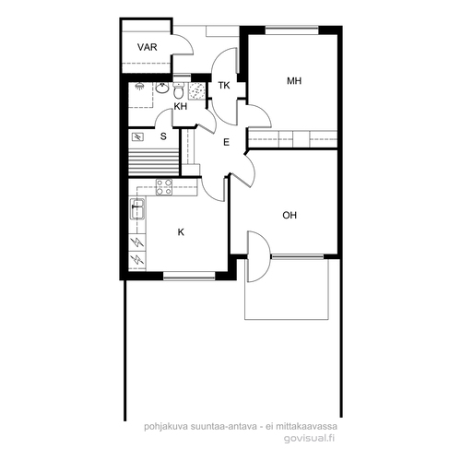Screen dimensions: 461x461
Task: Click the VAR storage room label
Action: click(148, 47)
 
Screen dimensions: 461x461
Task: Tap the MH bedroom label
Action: click(294, 81)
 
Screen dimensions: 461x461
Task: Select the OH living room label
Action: click(290, 215)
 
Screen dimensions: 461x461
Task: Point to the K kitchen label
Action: click(181, 232)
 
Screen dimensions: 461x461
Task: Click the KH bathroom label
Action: click(181, 106)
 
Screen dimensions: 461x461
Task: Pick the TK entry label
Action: click(224, 86)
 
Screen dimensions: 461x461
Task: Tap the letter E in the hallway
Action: click(226, 142)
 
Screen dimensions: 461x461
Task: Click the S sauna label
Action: click(163, 136)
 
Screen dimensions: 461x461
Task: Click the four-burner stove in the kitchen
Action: click(164, 187)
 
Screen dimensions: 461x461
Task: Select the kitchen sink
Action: click(137, 209)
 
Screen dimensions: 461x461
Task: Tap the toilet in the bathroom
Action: click(178, 89)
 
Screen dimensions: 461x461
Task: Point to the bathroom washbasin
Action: click(162, 89)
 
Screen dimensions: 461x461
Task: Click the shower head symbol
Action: click(139, 87)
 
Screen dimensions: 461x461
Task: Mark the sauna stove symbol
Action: click(137, 136)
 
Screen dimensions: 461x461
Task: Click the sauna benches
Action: click(153, 162)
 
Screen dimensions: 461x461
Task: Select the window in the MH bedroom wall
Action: click(291, 30)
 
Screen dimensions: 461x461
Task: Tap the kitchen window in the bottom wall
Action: click(189, 276)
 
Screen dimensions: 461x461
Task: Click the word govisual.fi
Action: click(309, 438)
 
